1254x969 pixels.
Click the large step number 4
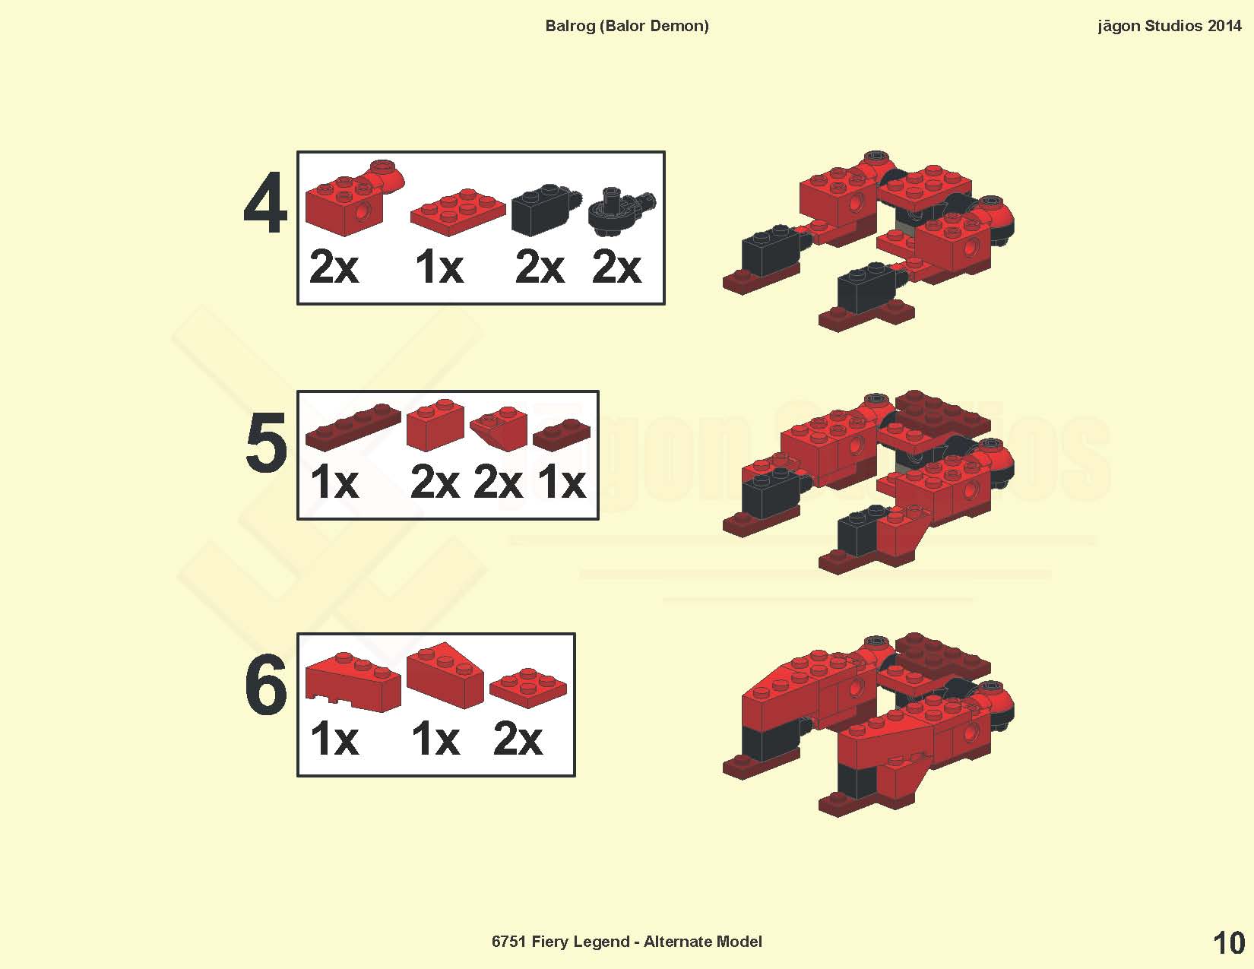point(265,203)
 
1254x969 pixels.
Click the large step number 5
point(266,443)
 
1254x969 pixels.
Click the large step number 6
point(266,685)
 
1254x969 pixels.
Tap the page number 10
point(1229,943)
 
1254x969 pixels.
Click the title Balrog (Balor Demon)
point(627,26)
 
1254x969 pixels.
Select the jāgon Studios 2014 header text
point(1169,26)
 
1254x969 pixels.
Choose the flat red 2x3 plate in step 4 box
point(458,211)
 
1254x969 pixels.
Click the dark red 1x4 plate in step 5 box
point(353,426)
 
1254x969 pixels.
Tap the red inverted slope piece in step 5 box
point(499,428)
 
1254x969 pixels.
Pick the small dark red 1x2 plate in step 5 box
point(562,434)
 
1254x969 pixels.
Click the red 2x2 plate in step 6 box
point(528,687)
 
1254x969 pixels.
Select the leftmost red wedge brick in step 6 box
point(353,682)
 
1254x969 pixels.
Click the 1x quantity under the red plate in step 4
point(439,268)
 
